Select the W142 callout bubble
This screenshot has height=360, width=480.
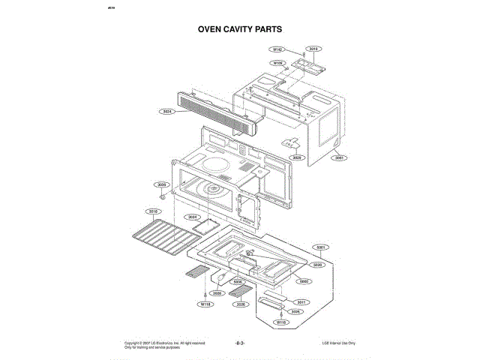[x=277, y=49]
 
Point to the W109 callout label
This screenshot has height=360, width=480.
[x=277, y=63]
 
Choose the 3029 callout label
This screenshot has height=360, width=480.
[x=296, y=158]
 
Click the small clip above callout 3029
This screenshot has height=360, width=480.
[x=287, y=142]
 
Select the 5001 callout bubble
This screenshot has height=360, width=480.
[x=321, y=247]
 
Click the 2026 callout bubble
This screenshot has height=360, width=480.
[x=239, y=305]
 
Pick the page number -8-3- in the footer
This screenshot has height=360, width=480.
[x=241, y=343]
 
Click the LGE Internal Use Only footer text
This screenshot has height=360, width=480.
[x=337, y=343]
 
